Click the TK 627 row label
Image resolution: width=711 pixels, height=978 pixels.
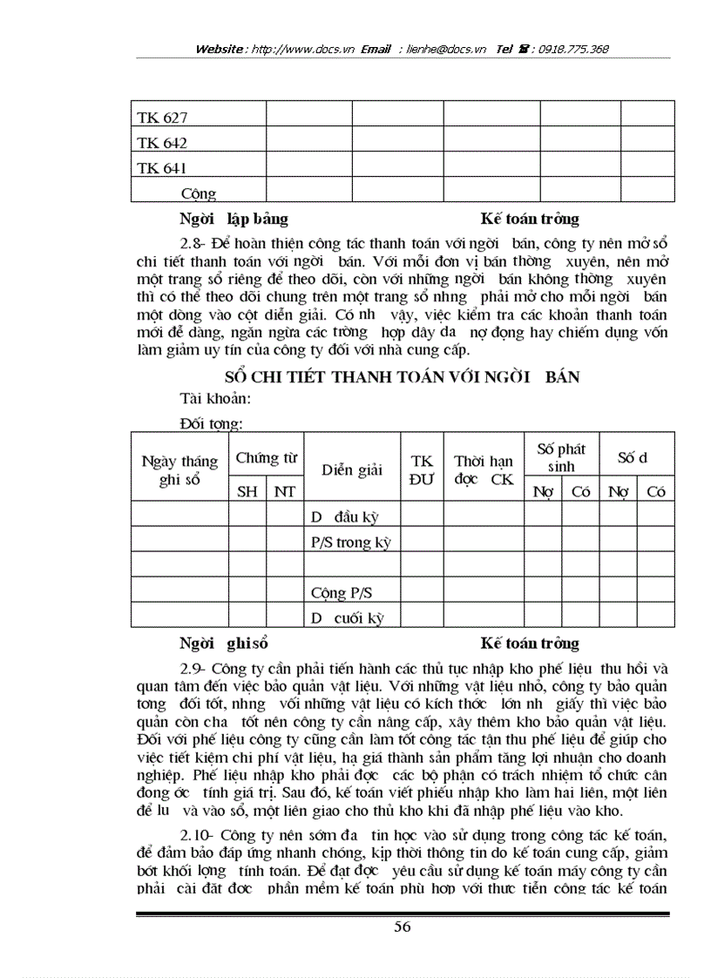click(x=162, y=117)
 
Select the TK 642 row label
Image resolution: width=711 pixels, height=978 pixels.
click(x=162, y=142)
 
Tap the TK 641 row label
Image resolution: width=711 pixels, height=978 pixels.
click(x=162, y=167)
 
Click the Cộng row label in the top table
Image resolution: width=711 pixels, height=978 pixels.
click(x=199, y=193)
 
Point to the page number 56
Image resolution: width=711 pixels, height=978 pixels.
click(x=402, y=927)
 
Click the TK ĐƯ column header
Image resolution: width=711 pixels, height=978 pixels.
click(x=421, y=469)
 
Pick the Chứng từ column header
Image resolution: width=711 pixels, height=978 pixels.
click(x=267, y=457)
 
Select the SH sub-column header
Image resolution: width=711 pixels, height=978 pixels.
click(x=247, y=491)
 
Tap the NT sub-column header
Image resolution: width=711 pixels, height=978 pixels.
click(x=284, y=491)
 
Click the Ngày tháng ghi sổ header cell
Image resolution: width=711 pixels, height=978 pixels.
click(x=180, y=470)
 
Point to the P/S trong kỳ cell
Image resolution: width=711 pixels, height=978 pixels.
click(x=350, y=542)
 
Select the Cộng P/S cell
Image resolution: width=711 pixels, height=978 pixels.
click(x=342, y=593)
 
